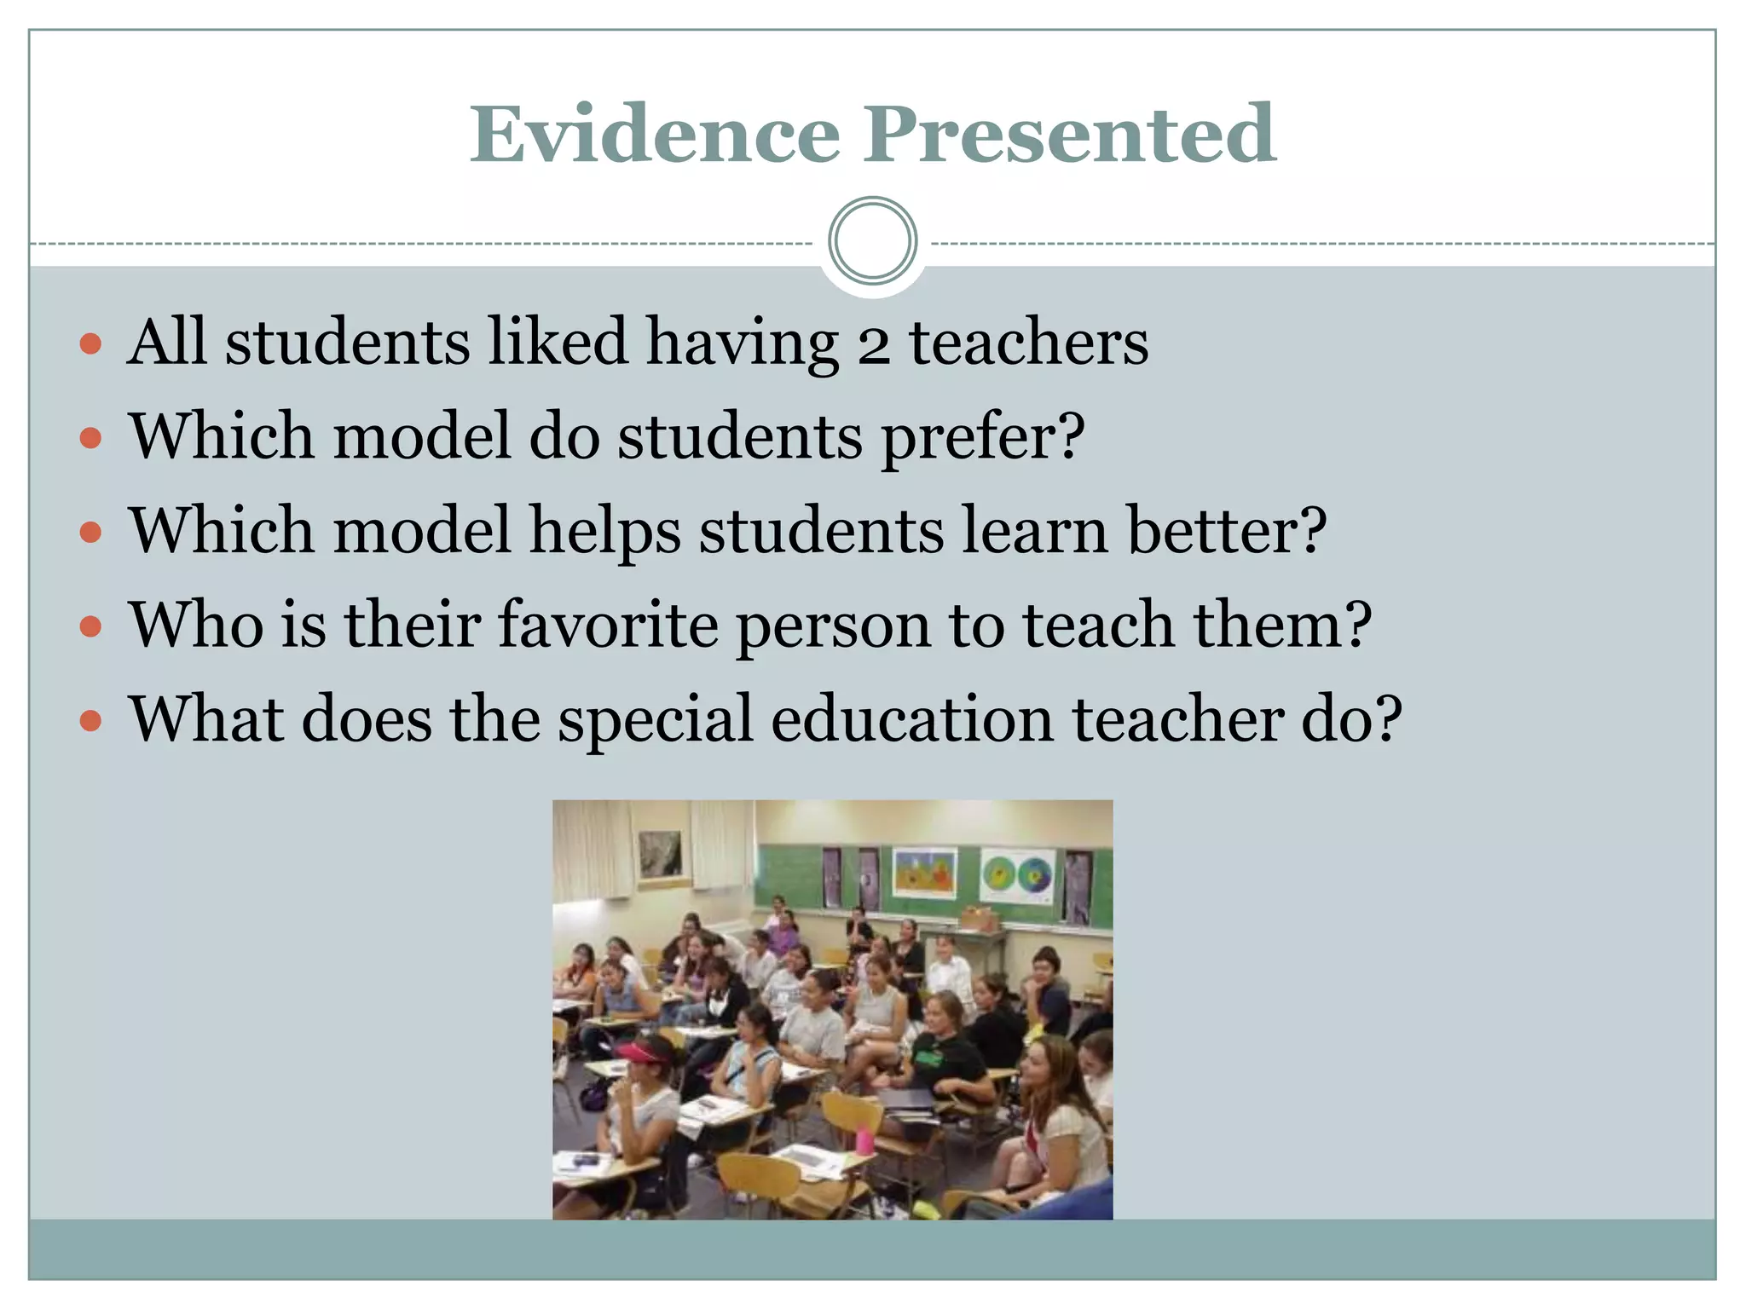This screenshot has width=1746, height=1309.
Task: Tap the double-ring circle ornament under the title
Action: click(x=872, y=241)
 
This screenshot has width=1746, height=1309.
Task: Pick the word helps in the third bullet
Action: click(x=604, y=532)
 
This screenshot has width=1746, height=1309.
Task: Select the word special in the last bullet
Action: click(x=656, y=721)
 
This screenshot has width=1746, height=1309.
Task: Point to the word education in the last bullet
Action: click(x=912, y=719)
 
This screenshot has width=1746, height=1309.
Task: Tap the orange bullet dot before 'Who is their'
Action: click(x=90, y=628)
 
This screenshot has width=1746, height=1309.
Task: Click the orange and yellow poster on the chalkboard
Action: click(x=923, y=873)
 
